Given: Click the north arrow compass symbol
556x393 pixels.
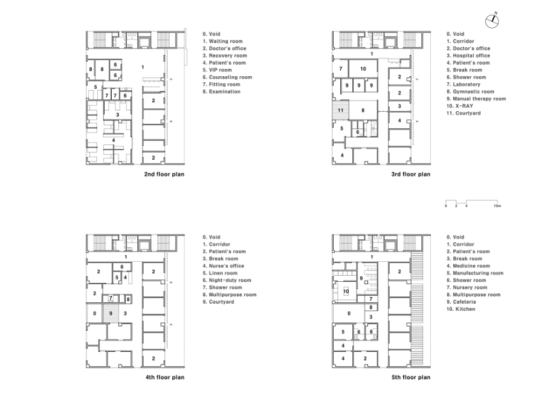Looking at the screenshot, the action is coord(492,21).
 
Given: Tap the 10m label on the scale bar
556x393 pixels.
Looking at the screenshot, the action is coord(497,206).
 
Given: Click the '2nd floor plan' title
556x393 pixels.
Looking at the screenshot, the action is coord(164,174).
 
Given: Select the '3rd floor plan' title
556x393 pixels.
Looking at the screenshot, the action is coord(410,174).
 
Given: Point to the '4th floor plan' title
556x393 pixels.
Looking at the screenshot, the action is coord(164,377).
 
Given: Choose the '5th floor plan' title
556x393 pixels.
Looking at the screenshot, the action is coord(410,377).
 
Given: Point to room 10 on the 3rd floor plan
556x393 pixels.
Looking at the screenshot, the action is coord(363,69).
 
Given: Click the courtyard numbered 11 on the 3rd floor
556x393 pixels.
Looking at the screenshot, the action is coord(340,110).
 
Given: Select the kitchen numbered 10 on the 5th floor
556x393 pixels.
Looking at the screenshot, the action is coord(346,291).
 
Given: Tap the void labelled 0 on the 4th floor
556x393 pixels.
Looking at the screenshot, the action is coord(94,314).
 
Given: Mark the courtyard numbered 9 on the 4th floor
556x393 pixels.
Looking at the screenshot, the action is coord(111,314).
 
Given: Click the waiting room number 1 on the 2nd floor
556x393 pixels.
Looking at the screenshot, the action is coord(143,67).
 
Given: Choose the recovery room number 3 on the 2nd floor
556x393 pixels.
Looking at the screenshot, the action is coord(117,115).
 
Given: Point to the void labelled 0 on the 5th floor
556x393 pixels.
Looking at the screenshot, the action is coord(349,314).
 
